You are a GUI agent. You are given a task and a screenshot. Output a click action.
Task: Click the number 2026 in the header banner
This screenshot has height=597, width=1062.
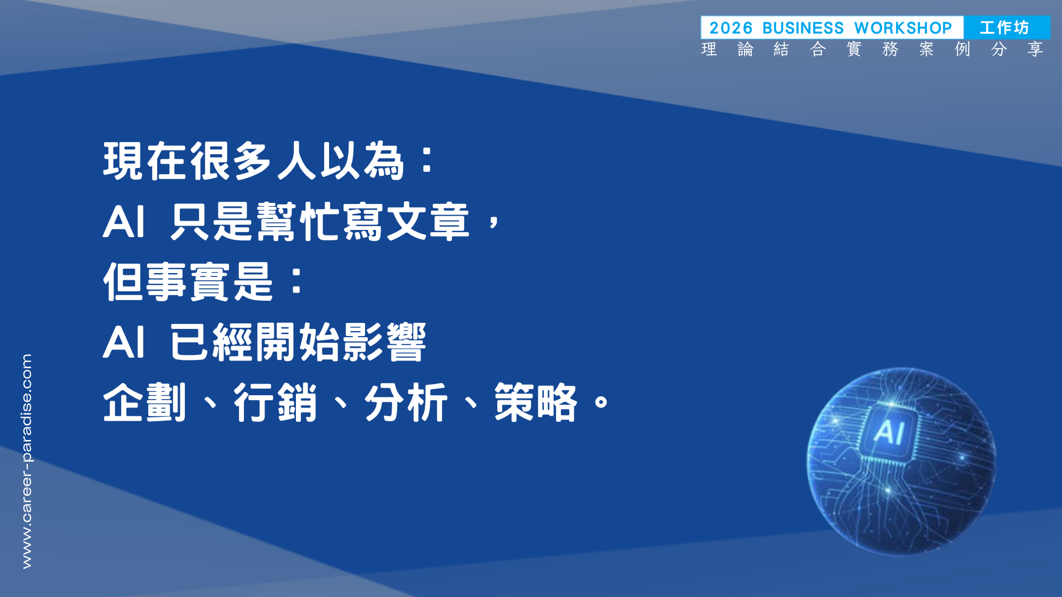pyautogui.click(x=731, y=28)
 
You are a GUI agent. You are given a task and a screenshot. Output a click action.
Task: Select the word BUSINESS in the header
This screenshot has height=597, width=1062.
pyautogui.click(x=803, y=28)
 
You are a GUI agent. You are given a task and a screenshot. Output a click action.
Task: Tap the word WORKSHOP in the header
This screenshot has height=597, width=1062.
pyautogui.click(x=903, y=28)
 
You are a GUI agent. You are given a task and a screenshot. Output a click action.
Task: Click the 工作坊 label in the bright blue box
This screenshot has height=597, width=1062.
pyautogui.click(x=1004, y=28)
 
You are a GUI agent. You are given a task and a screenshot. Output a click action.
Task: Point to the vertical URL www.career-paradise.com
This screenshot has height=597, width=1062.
pyautogui.click(x=27, y=461)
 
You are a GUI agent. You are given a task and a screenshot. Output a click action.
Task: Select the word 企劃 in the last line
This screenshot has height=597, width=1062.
pyautogui.click(x=144, y=402)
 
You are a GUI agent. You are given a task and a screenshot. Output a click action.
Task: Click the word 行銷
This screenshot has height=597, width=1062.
pyautogui.click(x=275, y=402)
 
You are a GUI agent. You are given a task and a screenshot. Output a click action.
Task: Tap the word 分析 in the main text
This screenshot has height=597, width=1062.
pyautogui.click(x=405, y=402)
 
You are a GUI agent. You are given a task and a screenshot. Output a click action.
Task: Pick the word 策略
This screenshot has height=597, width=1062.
pyautogui.click(x=536, y=402)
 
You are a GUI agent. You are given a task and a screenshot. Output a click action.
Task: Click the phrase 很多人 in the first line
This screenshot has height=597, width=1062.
pyautogui.click(x=254, y=161)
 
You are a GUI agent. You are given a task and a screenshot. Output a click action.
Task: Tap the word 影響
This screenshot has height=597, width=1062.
pyautogui.click(x=384, y=342)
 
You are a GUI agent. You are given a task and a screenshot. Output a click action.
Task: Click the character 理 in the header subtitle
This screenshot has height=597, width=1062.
pyautogui.click(x=709, y=49)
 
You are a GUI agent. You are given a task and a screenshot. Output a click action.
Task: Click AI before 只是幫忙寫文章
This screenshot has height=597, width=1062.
pyautogui.click(x=124, y=222)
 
